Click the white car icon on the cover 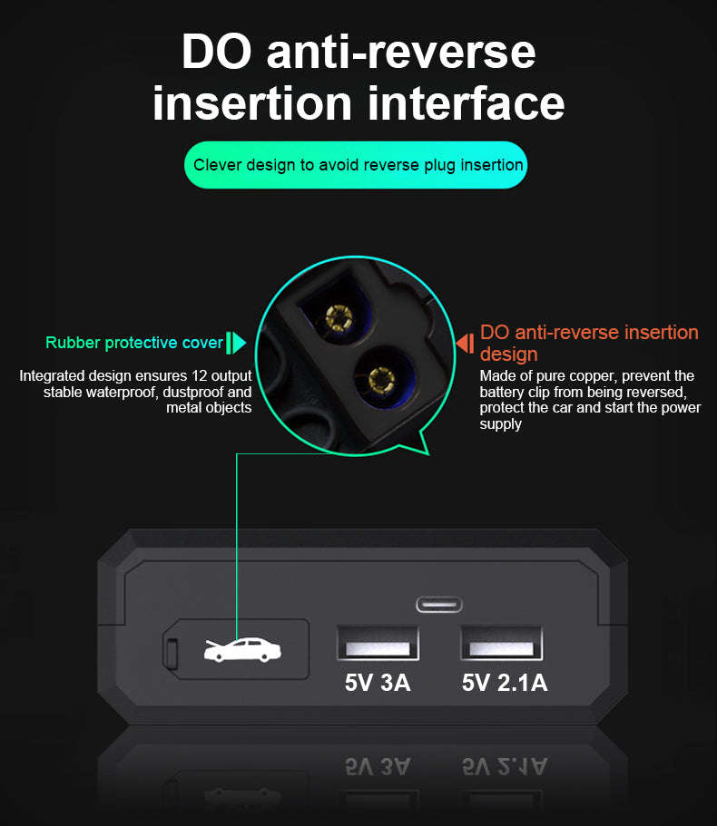tap(242, 649)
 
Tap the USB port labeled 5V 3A tap(378, 643)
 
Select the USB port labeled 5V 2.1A tap(501, 643)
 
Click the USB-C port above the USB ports tap(439, 605)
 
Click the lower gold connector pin tap(382, 380)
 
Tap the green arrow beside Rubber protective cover tap(236, 343)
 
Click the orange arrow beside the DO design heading tap(466, 344)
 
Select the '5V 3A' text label tap(378, 683)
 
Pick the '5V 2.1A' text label tap(505, 683)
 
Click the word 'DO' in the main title tap(216, 52)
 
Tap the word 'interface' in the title tap(467, 102)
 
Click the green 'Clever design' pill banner tap(356, 165)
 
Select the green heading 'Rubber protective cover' tap(134, 343)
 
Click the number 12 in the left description tap(200, 375)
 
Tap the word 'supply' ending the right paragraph tap(500, 424)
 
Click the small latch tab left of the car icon tap(171, 653)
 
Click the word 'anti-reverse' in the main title tap(401, 52)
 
